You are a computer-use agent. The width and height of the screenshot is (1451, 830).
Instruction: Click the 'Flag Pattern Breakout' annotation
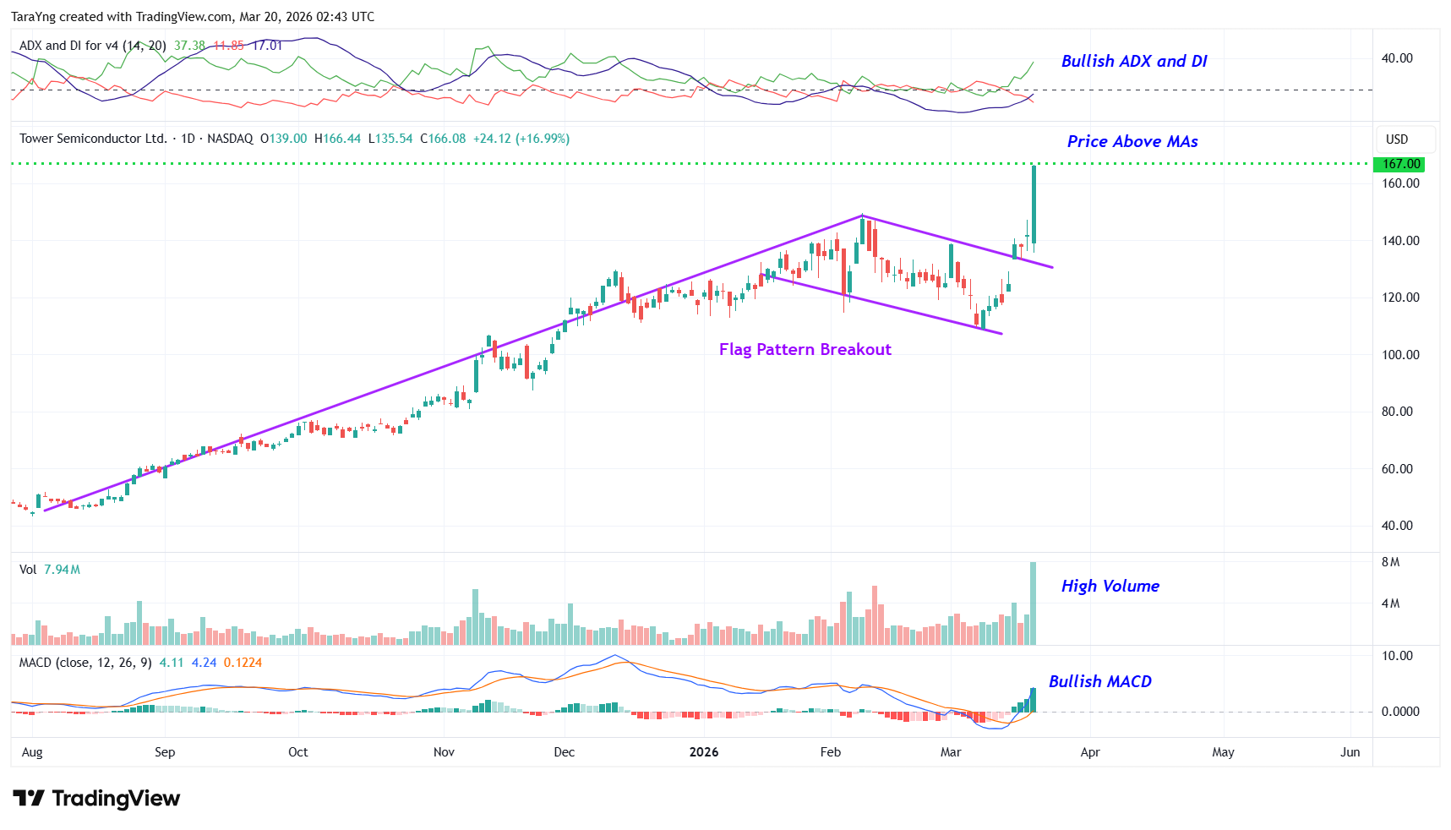coord(805,350)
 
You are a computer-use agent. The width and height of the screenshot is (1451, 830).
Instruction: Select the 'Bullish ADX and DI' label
coord(1133,62)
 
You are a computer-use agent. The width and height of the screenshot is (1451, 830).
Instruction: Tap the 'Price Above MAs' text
coord(1132,142)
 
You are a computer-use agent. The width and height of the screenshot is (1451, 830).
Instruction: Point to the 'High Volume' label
coord(1110,587)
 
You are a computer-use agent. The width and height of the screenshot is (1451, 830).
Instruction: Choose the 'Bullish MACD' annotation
coord(1099,682)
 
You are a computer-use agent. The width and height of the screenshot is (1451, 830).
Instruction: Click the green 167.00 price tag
coord(1400,164)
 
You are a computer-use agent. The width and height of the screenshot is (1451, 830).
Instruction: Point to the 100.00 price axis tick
coord(1400,355)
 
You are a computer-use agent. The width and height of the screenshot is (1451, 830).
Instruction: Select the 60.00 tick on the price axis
coord(1397,469)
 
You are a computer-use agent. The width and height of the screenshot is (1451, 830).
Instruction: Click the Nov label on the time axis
coord(444,752)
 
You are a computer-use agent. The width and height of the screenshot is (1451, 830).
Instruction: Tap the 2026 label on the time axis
coord(704,752)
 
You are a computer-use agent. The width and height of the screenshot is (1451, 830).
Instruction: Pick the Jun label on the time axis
coord(1350,752)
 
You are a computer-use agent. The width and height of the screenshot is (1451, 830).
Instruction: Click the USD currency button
coord(1397,139)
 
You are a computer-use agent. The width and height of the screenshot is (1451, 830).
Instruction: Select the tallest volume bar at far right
coord(1033,603)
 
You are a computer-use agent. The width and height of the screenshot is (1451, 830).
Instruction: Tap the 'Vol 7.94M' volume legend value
coord(62,570)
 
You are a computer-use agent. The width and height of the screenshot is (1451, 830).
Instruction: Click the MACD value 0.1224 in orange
coord(243,663)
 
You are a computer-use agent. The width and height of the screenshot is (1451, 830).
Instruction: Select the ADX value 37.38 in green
coord(189,46)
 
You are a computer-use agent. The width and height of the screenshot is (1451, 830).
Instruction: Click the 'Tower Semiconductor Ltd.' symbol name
coord(93,139)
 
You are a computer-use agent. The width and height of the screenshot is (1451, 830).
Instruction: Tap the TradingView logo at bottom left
coord(96,799)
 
